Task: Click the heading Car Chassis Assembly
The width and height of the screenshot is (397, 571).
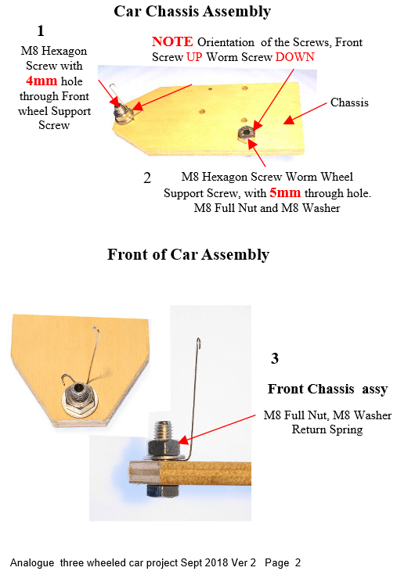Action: click(192, 11)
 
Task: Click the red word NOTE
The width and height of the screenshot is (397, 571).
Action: click(172, 41)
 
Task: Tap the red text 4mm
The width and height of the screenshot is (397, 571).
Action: click(42, 81)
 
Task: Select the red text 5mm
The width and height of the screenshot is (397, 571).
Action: click(285, 192)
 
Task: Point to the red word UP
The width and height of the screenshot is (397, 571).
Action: click(194, 57)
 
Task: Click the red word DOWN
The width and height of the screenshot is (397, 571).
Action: click(295, 57)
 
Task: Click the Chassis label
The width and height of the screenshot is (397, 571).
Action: click(349, 102)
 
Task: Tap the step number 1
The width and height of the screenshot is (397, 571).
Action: click(41, 31)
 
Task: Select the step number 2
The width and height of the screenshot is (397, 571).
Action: click(147, 178)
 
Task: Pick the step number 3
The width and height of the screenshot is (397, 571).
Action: click(275, 359)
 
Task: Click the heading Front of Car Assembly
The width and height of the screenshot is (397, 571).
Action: click(188, 254)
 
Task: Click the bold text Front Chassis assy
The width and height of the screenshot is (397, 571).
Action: click(328, 389)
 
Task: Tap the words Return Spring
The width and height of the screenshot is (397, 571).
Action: click(327, 429)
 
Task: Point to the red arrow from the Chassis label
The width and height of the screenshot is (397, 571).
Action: click(305, 113)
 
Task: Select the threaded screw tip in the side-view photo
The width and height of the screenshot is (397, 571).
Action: click(164, 430)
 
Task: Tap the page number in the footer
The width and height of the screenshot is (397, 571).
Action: click(298, 562)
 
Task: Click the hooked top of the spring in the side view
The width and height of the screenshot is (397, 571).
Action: click(199, 343)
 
